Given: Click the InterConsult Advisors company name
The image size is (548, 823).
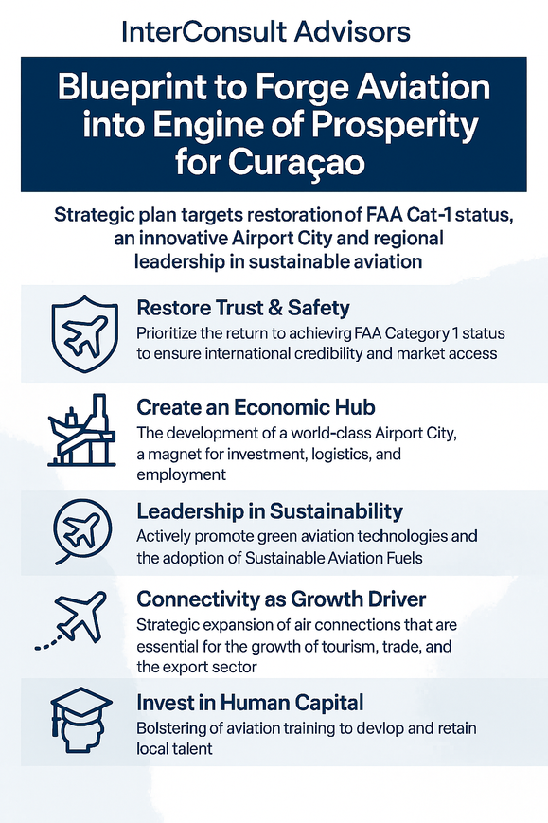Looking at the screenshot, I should [266, 31].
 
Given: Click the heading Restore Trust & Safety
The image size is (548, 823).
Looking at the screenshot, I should [242, 308].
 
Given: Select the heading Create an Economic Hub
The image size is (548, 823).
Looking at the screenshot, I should [256, 408].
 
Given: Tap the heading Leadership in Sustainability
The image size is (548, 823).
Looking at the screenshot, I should [270, 511].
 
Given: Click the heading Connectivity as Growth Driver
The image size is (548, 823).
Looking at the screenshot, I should [281, 599].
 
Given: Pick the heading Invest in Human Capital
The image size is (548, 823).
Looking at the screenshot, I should [249, 704].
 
